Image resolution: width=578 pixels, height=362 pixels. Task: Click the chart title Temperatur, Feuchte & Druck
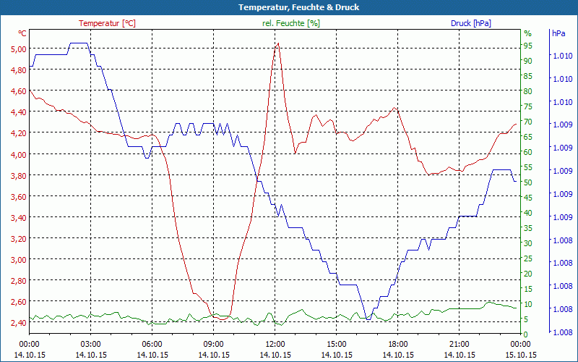289,7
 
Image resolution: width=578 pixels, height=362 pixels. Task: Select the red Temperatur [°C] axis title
107,23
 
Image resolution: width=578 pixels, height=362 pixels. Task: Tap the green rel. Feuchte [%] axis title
290,23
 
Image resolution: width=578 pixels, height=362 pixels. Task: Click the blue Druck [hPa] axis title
470,23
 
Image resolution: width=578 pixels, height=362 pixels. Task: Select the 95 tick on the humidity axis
528,46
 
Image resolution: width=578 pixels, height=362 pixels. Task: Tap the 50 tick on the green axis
528,182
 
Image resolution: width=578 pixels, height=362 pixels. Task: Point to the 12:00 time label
275,344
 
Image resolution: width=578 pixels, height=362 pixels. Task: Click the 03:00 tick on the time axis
90,344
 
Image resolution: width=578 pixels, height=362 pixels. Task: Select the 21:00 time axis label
460,344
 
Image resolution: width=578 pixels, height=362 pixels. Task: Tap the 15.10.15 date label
521,355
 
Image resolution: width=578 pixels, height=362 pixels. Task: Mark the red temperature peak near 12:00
277,43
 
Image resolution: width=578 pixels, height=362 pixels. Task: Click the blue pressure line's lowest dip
368,319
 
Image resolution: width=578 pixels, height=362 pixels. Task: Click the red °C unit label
22,33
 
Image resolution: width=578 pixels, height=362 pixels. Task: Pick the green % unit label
527,33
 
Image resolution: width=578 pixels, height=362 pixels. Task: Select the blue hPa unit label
558,33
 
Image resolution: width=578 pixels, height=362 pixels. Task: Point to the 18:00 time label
398,344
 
